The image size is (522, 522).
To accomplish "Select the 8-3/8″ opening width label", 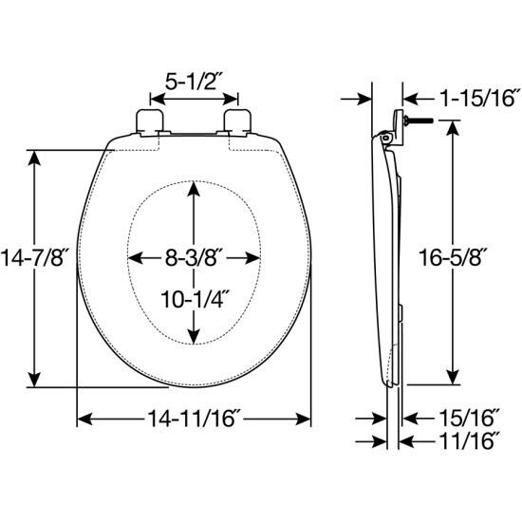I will click(194, 257).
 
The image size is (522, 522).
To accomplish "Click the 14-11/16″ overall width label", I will click(195, 419).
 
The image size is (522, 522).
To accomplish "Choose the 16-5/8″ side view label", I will click(453, 256).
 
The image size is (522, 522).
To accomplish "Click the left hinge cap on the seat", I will click(151, 122).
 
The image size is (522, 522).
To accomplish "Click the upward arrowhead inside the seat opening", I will click(195, 188).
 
